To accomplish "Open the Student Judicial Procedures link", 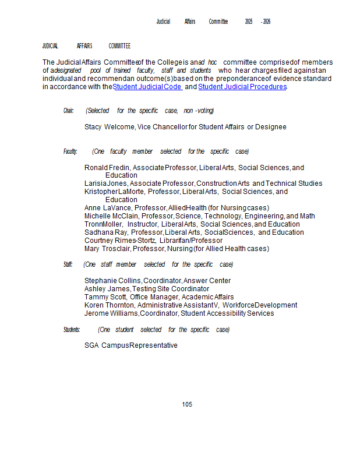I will coord(242,87).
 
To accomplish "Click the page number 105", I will coord(187,404).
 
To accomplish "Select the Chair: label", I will coord(69,111).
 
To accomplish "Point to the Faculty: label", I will coord(70,151).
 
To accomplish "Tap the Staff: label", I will coord(68,264).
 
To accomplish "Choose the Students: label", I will coord(72,330).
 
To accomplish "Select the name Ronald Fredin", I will coord(107,168).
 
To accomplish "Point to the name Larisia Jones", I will coord(105,183).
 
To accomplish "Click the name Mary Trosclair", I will coord(107,249).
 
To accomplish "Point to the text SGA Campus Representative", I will coord(131,345).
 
